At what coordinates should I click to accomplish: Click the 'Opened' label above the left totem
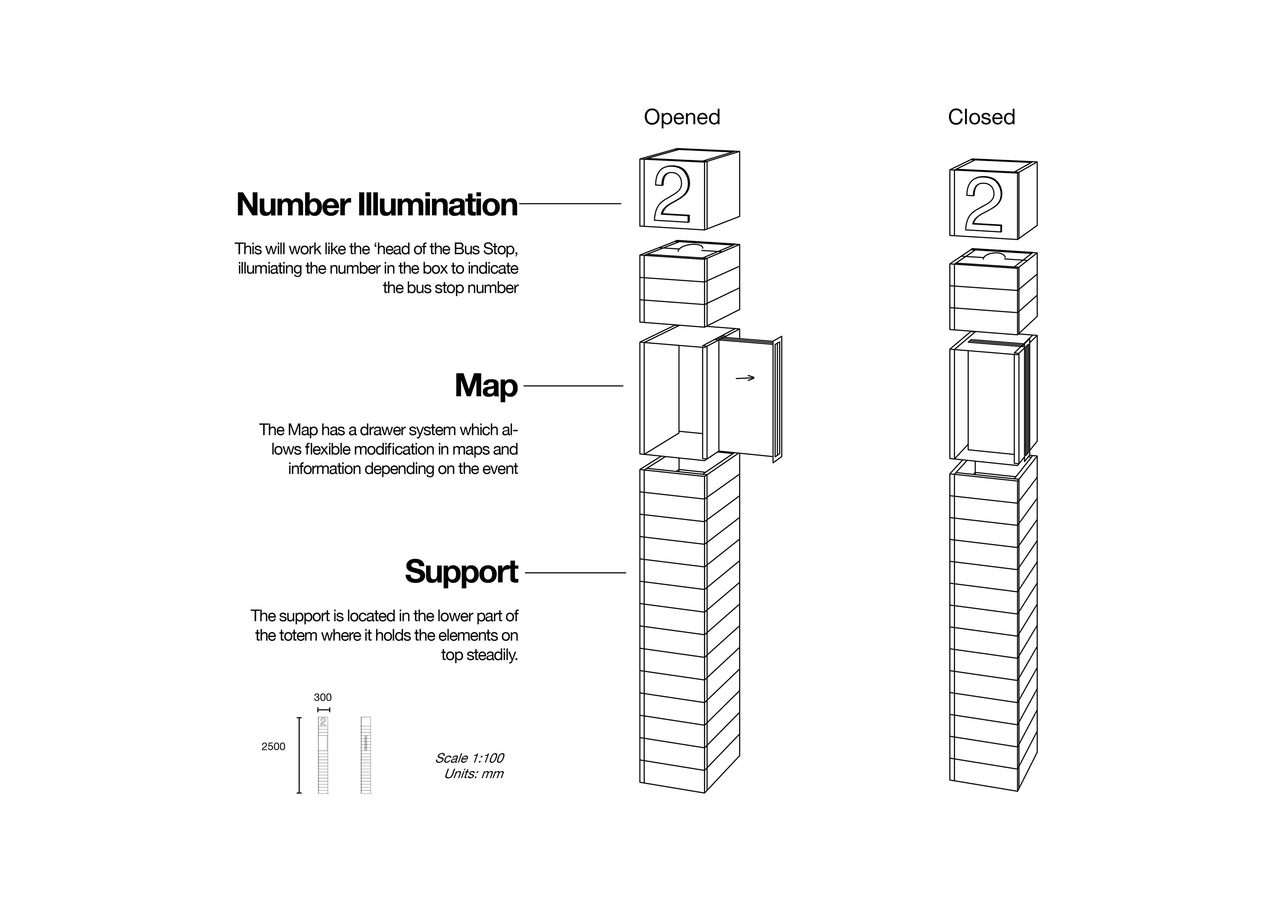tap(682, 117)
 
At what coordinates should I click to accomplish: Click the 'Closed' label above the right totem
tap(981, 117)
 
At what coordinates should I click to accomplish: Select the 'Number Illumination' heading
tap(377, 204)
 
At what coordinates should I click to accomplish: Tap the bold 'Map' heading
tap(486, 386)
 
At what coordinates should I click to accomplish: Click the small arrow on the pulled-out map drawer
tap(745, 378)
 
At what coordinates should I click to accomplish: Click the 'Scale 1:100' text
tap(469, 758)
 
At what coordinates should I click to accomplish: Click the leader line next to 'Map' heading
tap(573, 386)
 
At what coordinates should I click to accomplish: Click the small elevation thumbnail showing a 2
tap(323, 755)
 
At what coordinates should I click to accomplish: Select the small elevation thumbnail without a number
tap(366, 755)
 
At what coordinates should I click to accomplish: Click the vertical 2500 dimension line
tap(299, 755)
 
